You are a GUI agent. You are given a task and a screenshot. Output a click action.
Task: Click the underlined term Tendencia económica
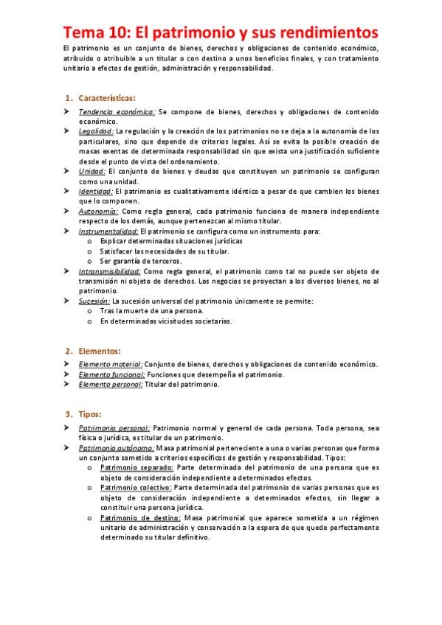point(117,112)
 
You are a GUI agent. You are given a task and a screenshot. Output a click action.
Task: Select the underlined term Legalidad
point(96,130)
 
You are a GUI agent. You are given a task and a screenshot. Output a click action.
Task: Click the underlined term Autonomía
point(98,211)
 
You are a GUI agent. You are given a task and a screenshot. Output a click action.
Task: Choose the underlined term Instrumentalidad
point(108,231)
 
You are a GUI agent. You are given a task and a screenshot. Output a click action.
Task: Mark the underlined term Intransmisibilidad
point(109,271)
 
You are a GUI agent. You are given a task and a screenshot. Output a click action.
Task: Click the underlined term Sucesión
point(94,301)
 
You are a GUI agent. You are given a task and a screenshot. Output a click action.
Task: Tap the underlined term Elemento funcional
point(111,374)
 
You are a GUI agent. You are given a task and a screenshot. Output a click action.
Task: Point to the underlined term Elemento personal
point(111,385)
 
